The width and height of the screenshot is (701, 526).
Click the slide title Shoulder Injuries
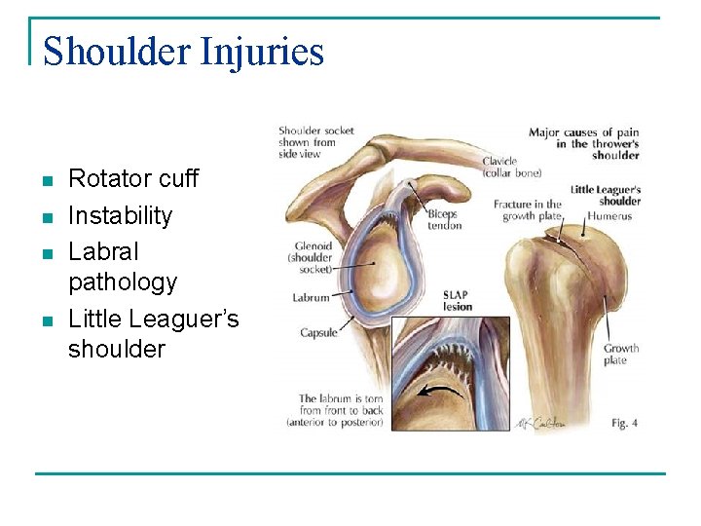(x=183, y=51)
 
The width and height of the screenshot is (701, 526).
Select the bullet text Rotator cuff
(x=132, y=179)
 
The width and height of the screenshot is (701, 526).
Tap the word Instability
(x=120, y=215)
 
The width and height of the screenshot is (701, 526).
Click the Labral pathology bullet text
(x=123, y=267)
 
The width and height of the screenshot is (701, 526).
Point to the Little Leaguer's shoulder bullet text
(x=153, y=333)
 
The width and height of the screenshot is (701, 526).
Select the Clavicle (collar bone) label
(x=512, y=167)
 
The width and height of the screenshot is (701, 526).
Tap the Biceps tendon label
(x=444, y=219)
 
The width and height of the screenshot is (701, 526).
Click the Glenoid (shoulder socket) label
(x=311, y=257)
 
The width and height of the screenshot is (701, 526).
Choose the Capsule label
(x=318, y=332)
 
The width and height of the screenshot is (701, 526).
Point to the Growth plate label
(x=620, y=355)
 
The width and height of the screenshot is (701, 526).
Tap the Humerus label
(x=609, y=216)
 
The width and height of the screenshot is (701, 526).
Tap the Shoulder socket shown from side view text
(x=315, y=142)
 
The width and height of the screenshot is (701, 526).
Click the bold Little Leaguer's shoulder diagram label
(x=605, y=196)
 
